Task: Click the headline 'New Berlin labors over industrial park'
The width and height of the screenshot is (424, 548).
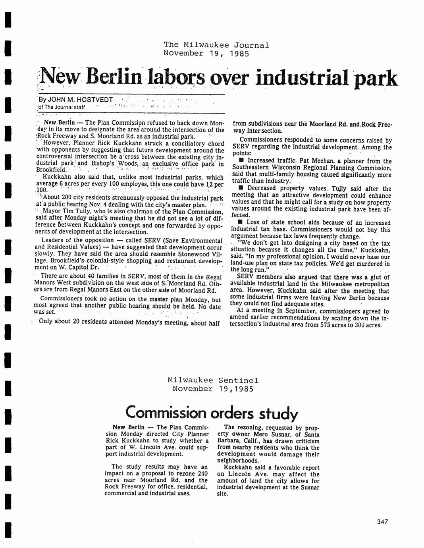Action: pos(219,77)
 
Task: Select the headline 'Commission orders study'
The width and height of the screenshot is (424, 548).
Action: pos(212,413)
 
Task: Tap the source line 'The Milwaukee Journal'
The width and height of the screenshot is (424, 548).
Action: pos(216,45)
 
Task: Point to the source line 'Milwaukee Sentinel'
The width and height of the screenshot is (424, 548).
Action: pos(213,380)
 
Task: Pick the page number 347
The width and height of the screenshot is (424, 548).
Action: pos(382,522)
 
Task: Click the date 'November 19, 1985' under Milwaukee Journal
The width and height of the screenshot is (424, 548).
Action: pos(206,54)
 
